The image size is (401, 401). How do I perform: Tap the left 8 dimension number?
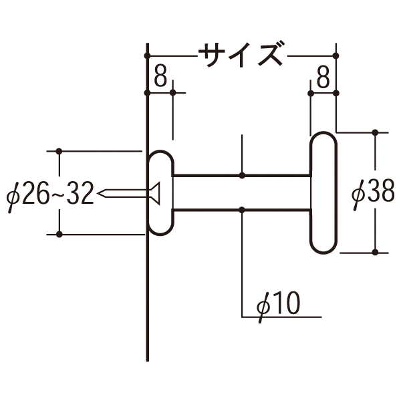[160, 76]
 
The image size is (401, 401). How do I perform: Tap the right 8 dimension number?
[323, 76]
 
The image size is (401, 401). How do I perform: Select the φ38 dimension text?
[374, 194]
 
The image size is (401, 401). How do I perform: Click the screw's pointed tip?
[99, 193]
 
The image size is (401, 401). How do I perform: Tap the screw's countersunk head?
[156, 193]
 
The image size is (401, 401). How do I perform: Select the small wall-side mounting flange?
[161, 193]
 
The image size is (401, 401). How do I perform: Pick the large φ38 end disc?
[323, 193]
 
